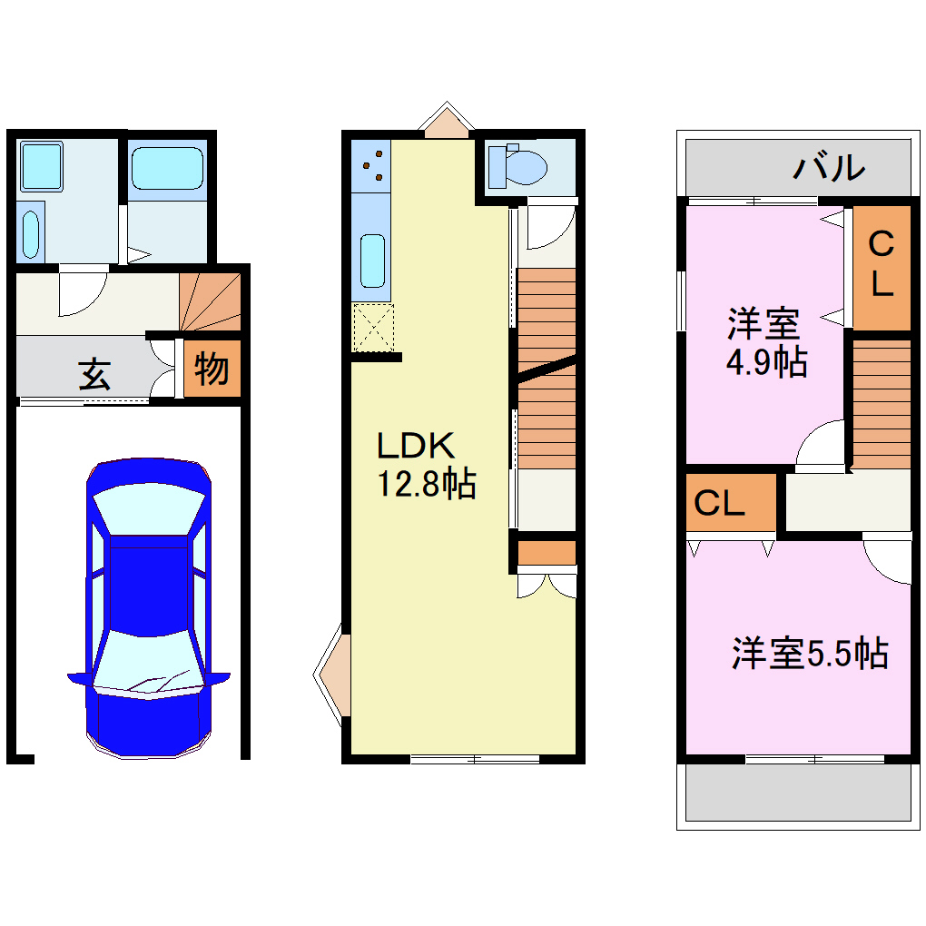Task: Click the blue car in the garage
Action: pos(148,608)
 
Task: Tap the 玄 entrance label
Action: pos(94,373)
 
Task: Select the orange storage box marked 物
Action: pos(212,369)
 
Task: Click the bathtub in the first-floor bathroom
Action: pos(167,169)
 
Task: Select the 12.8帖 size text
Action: pos(426,485)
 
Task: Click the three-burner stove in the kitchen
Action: pos(372,165)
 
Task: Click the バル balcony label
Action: pos(828,168)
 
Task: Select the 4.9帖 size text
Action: pos(765,362)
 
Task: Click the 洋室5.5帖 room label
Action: pos(809,653)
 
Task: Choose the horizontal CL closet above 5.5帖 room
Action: pos(730,502)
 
